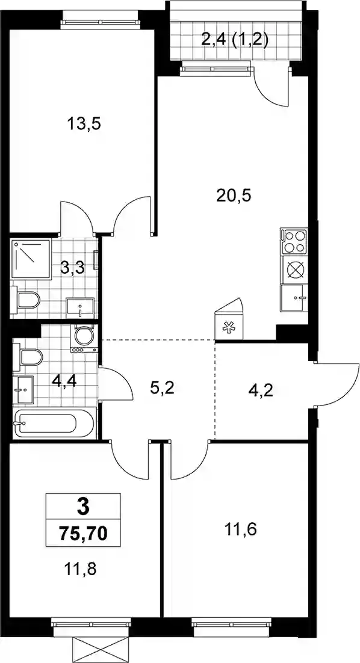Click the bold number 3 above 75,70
pyautogui.click(x=84, y=507)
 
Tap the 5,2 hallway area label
pyautogui.click(x=161, y=387)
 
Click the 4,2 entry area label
pyautogui.click(x=261, y=389)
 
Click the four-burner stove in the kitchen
pyautogui.click(x=294, y=242)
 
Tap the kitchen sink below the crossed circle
pyautogui.click(x=294, y=298)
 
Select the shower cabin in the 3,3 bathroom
pyautogui.click(x=31, y=258)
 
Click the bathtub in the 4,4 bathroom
pyautogui.click(x=54, y=424)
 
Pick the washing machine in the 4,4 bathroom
pyautogui.click(x=84, y=338)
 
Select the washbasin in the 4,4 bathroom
pyautogui.click(x=24, y=389)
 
